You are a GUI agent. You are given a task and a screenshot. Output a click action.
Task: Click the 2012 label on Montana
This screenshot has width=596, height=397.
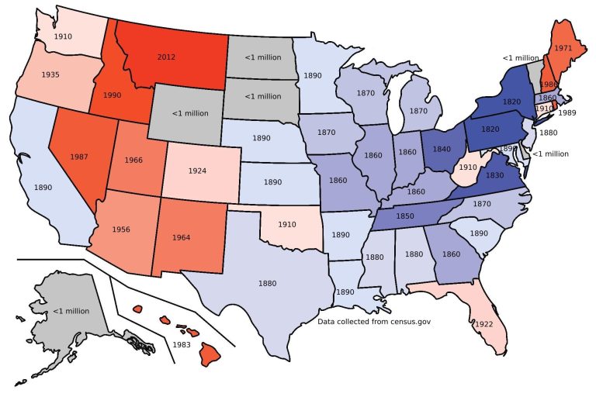pos(166,57)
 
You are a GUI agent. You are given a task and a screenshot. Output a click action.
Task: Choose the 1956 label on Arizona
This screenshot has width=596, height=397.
pos(120,230)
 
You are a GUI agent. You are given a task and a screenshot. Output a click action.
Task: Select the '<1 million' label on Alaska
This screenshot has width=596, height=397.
pos(71,311)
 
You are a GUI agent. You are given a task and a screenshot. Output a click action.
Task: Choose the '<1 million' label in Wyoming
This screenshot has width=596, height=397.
pos(189,113)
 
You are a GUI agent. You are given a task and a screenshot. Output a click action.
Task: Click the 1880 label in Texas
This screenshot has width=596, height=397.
pos(267,283)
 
